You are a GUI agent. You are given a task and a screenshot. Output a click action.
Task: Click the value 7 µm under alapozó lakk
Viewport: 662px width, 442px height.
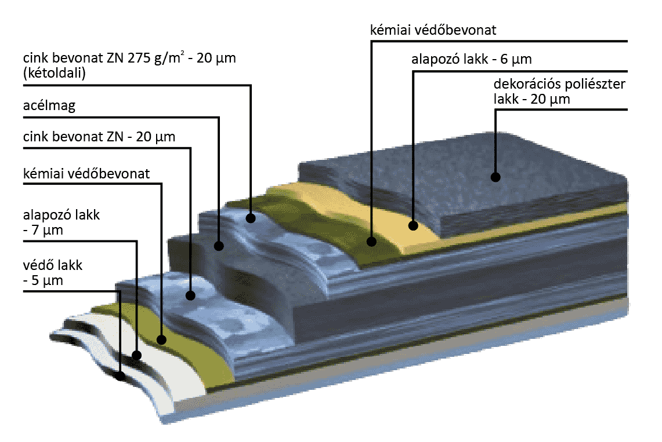pyautogui.click(x=46, y=231)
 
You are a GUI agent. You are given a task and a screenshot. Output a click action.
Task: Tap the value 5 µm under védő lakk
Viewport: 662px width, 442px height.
pyautogui.click(x=46, y=281)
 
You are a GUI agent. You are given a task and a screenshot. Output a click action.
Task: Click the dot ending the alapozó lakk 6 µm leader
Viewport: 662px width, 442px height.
pyautogui.click(x=413, y=225)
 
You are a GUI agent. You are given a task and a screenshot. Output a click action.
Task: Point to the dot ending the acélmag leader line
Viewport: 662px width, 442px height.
pyautogui.click(x=219, y=246)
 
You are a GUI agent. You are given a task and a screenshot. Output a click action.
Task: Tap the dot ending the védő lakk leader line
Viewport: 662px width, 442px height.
pyautogui.click(x=120, y=375)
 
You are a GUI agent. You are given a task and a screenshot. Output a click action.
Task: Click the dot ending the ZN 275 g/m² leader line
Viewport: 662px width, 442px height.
pyautogui.click(x=251, y=218)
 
